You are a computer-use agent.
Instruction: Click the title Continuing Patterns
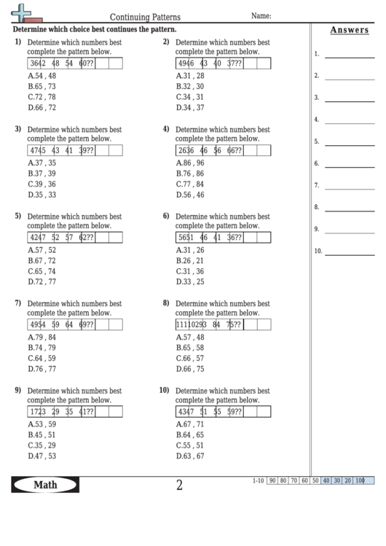(146, 16)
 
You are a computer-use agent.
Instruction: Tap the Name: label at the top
(261, 15)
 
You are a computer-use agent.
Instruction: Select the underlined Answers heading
(349, 30)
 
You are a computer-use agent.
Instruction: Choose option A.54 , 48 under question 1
(42, 76)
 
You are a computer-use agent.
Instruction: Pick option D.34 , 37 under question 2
(190, 107)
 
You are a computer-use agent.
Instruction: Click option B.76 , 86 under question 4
(190, 173)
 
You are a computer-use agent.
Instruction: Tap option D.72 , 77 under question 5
(42, 281)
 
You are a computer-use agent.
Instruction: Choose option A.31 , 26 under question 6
(190, 250)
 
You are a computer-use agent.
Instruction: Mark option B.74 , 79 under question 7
(42, 348)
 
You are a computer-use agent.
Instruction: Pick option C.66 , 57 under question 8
(190, 358)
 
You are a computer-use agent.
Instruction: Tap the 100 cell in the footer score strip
(359, 480)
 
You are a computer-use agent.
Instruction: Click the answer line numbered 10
(350, 252)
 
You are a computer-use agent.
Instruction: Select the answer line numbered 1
(350, 55)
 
